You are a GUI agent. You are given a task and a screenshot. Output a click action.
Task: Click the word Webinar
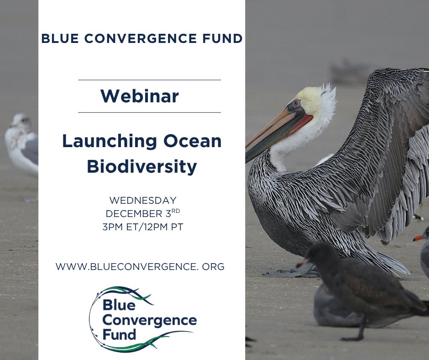tap(140, 96)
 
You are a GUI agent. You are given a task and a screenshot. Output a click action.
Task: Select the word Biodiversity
tap(142, 167)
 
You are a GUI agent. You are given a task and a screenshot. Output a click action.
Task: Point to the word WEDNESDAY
tap(142, 201)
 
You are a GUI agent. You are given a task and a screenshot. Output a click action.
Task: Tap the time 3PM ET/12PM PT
tap(142, 227)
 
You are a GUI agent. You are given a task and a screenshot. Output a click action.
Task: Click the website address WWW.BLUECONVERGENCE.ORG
tap(140, 267)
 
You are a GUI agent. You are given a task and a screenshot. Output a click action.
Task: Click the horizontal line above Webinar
tap(149, 80)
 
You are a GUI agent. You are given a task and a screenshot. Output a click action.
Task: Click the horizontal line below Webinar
tap(149, 112)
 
